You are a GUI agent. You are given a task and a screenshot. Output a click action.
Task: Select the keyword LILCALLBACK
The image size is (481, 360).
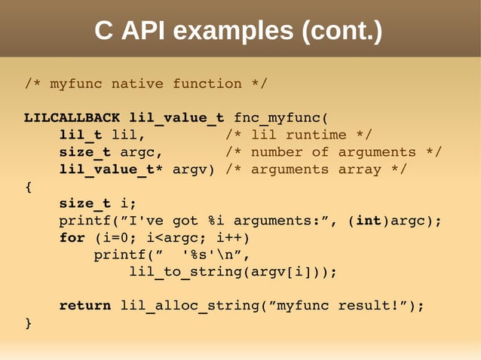72,118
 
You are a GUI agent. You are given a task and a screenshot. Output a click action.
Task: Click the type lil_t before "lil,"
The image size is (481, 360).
81,136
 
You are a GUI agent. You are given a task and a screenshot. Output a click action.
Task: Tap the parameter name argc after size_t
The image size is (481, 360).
137,153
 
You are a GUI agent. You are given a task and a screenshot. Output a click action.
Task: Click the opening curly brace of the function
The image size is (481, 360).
29,187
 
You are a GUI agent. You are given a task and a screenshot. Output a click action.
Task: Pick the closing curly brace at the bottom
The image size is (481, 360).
29,323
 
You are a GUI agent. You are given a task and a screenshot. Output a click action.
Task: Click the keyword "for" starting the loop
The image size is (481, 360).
72,238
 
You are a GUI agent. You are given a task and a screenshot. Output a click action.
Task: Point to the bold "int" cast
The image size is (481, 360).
368,221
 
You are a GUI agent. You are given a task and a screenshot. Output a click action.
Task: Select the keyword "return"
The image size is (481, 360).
85,306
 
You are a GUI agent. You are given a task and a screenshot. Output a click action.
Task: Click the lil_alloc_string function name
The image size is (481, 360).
181,306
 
